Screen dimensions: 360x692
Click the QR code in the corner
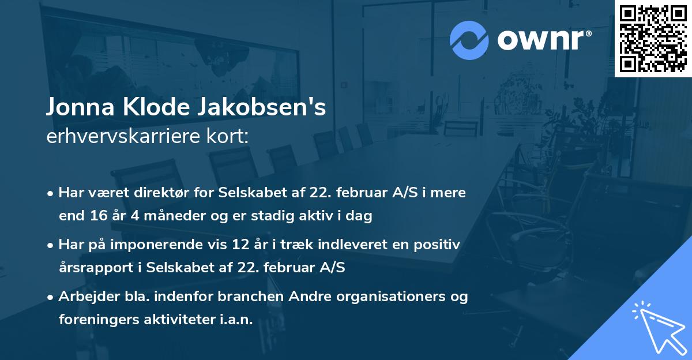653,38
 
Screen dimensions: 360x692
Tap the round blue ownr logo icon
469,40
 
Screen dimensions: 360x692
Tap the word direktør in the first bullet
147,193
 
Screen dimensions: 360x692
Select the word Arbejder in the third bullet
84,297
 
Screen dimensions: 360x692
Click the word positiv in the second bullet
439,245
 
